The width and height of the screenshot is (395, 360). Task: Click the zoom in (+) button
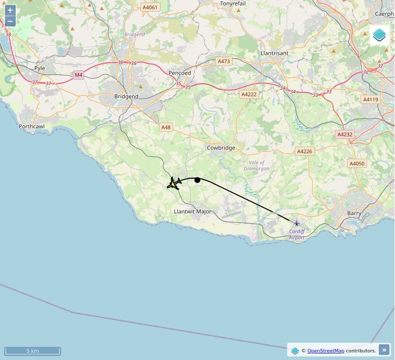pos(10,10)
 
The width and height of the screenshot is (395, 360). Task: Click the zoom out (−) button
pos(10,21)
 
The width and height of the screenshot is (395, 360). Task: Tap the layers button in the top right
pos(379,35)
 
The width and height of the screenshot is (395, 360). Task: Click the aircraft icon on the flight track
pos(174,183)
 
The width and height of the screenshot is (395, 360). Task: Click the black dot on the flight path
pos(197,180)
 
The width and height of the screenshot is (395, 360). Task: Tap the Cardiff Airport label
pos(297,234)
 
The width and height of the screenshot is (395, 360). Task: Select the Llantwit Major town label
pos(192,211)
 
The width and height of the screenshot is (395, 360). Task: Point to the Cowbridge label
pos(221,148)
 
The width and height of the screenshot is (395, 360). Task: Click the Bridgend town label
pos(126,96)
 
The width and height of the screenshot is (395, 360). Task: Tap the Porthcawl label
pos(31,126)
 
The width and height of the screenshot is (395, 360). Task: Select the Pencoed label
pos(180,73)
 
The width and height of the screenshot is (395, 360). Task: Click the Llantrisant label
pos(274,53)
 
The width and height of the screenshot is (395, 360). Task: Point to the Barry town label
pos(354,213)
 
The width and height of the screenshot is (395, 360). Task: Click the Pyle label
pos(39,68)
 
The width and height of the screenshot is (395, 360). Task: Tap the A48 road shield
pos(166,127)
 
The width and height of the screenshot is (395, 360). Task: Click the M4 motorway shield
pos(78,75)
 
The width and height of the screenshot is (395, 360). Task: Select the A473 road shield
pos(223,61)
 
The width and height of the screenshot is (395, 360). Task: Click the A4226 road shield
pos(304,151)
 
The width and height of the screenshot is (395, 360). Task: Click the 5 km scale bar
pos(32,351)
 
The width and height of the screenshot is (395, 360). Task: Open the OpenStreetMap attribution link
pos(326,350)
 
